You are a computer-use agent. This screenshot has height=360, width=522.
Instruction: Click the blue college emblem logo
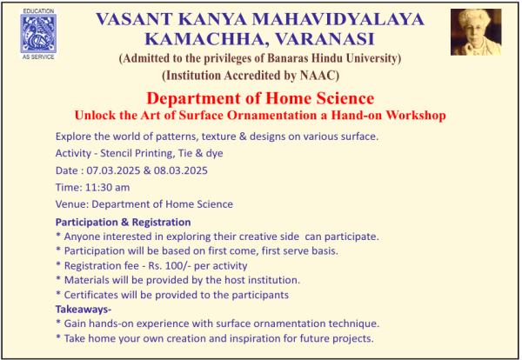(x=38, y=34)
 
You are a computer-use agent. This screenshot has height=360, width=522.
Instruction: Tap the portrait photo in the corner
(x=476, y=32)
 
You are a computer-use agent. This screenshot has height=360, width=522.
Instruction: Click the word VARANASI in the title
(x=325, y=39)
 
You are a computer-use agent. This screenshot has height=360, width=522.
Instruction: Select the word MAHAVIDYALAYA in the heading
(x=338, y=19)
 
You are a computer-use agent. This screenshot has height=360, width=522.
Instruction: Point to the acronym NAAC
(x=318, y=75)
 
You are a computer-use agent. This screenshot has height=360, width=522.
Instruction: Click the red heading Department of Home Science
(x=260, y=98)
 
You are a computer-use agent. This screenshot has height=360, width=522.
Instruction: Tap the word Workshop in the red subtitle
(x=416, y=115)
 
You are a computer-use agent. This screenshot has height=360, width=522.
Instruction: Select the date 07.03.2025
(x=113, y=170)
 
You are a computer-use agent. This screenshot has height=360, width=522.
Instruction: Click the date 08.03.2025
(x=180, y=170)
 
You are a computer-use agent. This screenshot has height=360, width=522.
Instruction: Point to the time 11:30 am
(x=107, y=187)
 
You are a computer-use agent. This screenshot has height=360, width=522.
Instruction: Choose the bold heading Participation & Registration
(x=124, y=223)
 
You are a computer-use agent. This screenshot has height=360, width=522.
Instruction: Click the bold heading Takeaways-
(x=84, y=310)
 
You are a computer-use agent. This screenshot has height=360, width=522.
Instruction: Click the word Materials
(x=86, y=280)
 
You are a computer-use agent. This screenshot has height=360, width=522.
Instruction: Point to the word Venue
(x=70, y=204)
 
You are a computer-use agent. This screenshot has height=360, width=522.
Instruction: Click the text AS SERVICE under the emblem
(x=38, y=57)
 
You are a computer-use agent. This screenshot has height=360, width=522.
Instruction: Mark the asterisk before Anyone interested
(x=58, y=236)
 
